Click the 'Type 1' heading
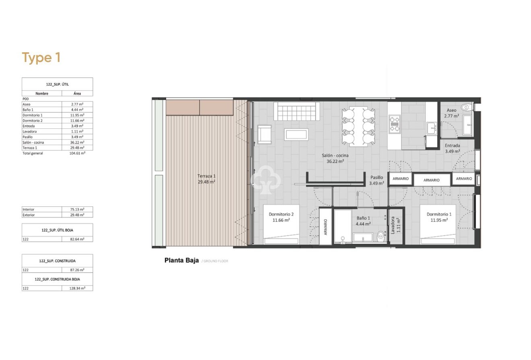(41, 58)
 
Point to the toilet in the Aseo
(466, 107)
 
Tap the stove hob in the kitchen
(394, 124)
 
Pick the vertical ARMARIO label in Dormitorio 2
(325, 226)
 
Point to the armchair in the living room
(264, 134)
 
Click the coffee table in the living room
(296, 134)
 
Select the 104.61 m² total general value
(77, 153)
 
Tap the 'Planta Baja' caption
(181, 260)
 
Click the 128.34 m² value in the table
(77, 288)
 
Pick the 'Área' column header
(77, 93)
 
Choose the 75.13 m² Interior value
(77, 209)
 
